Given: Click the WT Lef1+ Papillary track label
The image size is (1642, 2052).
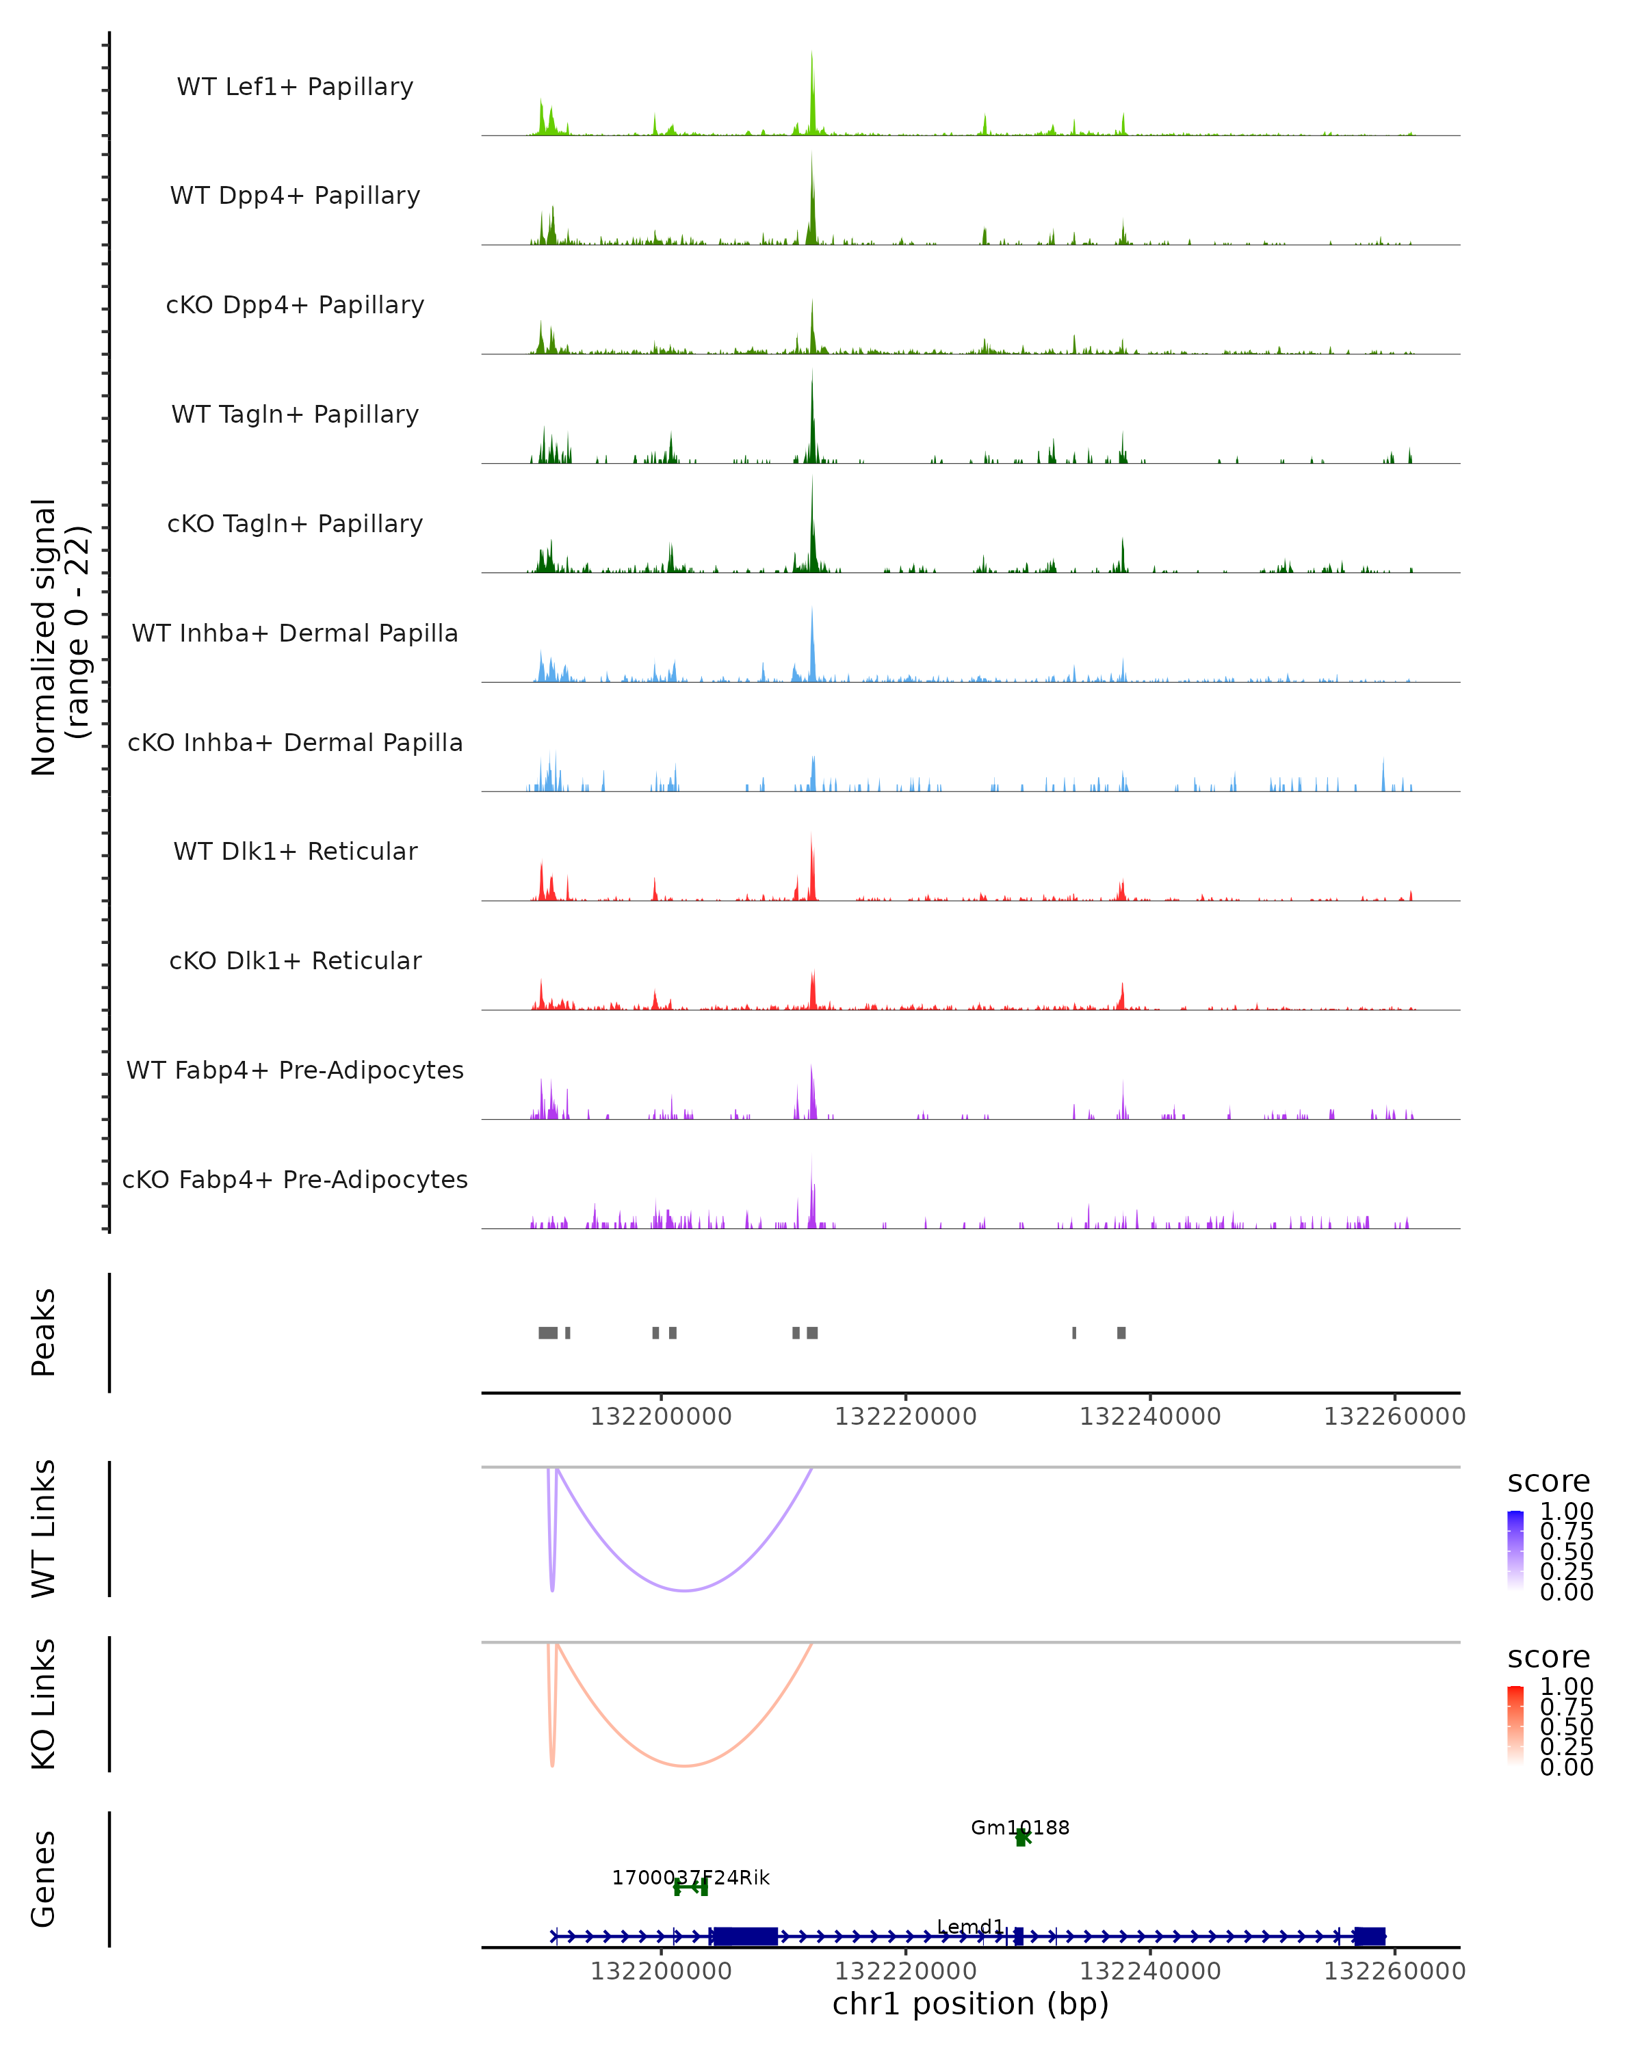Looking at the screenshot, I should pos(295,87).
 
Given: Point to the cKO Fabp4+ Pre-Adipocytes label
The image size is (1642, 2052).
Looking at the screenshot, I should pos(295,1179).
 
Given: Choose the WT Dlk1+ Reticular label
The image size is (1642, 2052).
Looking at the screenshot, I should pos(295,851).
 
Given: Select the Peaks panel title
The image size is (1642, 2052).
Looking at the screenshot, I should pos(44,1332).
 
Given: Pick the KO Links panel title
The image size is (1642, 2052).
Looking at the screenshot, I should pos(44,1704).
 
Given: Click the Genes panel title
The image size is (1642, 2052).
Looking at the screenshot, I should pos(44,1879).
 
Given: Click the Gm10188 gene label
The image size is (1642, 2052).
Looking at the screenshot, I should pos(1019,1828).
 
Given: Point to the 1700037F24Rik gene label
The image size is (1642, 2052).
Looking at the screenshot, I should pos(690,1878).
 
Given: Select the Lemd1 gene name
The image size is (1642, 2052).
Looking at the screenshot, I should pos(970,1926).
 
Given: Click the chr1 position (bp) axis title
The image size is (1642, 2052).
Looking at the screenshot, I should pos(970,2003).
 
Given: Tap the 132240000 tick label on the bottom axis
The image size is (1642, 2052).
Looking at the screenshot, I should pos(1150,1971).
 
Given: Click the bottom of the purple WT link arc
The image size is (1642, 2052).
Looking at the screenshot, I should pos(684,1590).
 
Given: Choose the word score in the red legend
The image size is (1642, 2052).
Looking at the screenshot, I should pos(1549,1657).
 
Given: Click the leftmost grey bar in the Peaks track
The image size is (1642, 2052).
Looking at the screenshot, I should pos(548,1332).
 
